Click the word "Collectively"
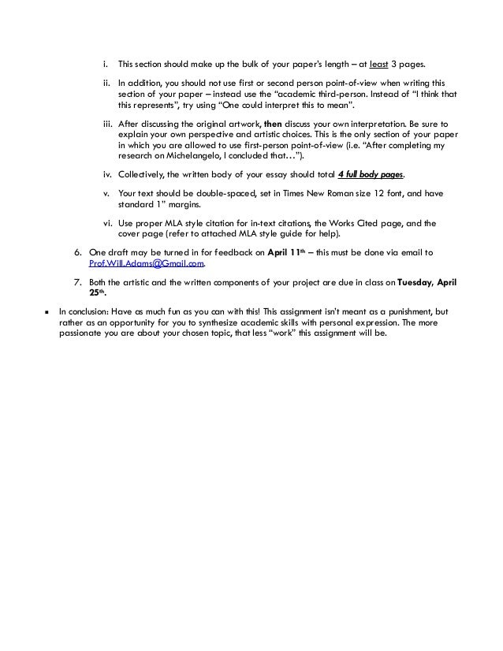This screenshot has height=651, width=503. [141, 173]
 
